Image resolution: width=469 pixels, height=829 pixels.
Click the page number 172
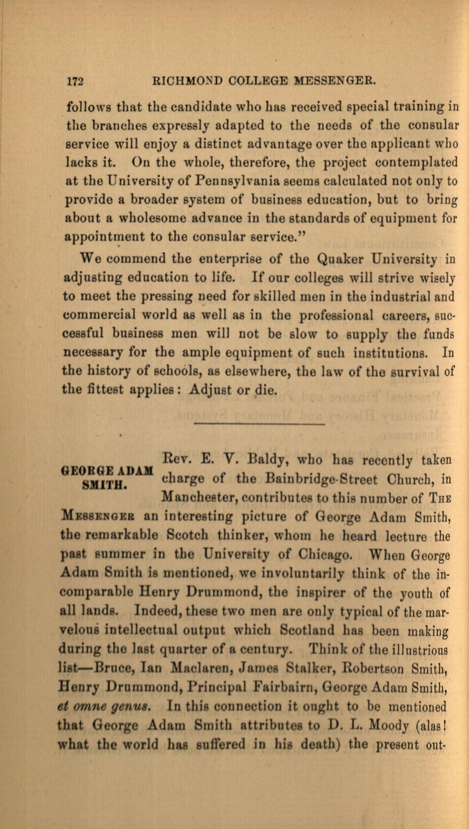[75, 82]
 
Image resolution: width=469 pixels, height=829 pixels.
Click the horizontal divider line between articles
[260, 425]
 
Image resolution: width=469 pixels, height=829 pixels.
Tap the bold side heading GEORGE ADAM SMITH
[106, 478]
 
